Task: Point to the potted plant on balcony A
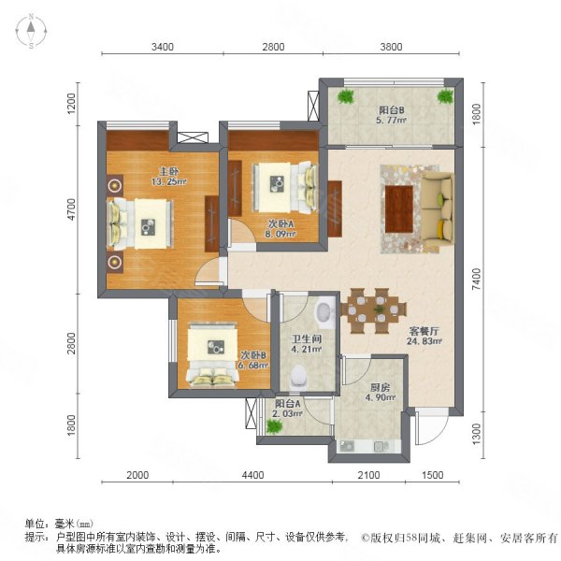click(x=274, y=426)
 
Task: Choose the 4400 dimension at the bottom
click(x=252, y=477)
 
